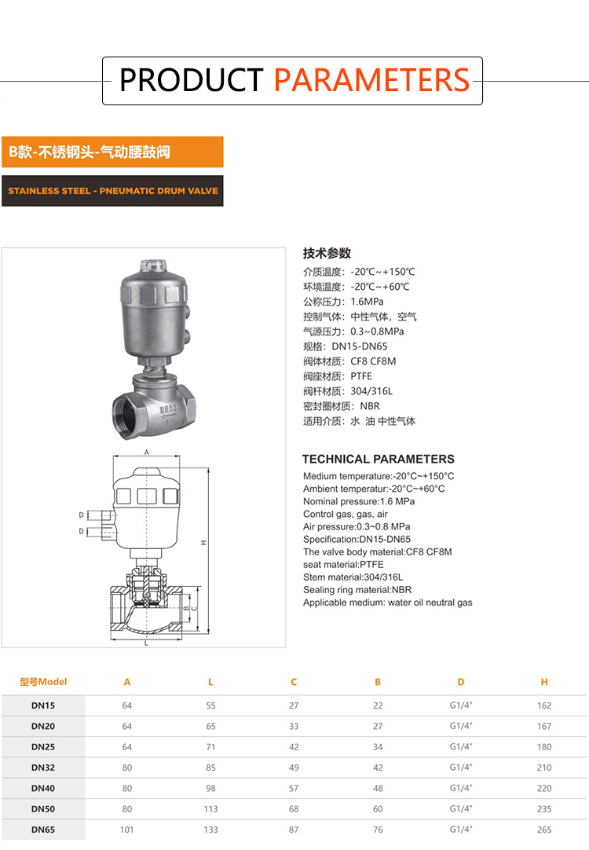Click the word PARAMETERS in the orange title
tap(371, 80)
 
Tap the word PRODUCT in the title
tap(192, 80)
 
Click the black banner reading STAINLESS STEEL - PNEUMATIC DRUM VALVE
tap(113, 191)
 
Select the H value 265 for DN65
tap(544, 830)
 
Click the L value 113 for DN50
tap(210, 809)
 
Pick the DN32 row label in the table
tap(43, 768)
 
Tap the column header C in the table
tap(294, 682)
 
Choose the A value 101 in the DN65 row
tap(126, 830)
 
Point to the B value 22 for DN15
tap(378, 705)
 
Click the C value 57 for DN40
tap(294, 788)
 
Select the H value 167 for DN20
tap(544, 726)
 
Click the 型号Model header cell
tap(43, 682)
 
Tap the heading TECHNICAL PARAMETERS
tap(379, 459)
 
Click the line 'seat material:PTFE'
tap(343, 564)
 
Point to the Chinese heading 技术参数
tap(327, 253)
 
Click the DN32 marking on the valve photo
tap(168, 409)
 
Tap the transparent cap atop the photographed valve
tap(153, 266)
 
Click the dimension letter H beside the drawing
tap(203, 542)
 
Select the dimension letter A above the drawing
tap(146, 452)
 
